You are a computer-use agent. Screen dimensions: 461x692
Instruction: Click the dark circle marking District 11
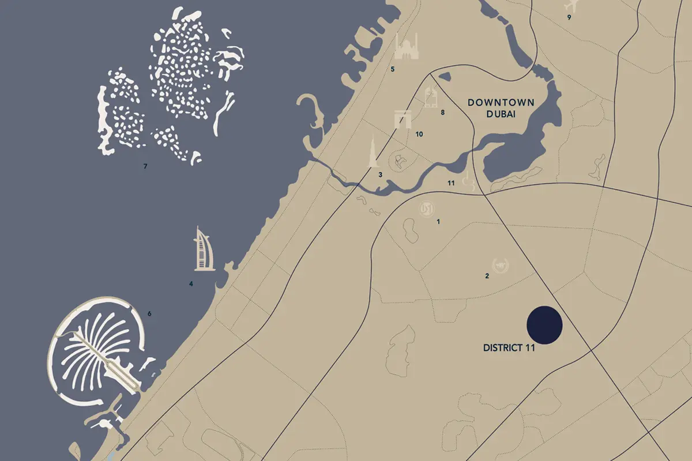coord(544,325)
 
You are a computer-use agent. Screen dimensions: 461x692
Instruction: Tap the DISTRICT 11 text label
coord(509,348)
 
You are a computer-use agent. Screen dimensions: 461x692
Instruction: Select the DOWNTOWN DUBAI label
coord(501,108)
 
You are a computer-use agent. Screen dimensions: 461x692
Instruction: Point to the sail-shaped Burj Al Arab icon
coord(202,249)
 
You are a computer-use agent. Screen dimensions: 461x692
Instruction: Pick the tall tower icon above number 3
coord(373,150)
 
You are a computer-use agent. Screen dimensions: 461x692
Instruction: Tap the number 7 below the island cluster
coord(146,167)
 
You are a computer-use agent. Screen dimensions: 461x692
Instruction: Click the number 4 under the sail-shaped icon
coord(191,284)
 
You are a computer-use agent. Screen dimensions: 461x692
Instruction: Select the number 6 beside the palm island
coord(149,313)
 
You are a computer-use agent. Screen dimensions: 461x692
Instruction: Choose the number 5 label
coord(392,70)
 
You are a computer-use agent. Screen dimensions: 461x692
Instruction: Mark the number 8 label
coord(443,112)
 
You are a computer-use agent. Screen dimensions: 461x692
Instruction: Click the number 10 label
coord(419,134)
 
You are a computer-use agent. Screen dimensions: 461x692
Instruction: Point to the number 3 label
coord(380,175)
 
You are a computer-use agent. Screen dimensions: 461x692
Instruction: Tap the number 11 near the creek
coord(452,183)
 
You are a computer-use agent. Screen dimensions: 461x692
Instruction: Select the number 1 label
coord(438,221)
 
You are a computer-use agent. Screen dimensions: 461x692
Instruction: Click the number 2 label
coord(487,276)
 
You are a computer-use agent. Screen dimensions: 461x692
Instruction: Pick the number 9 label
coord(569,17)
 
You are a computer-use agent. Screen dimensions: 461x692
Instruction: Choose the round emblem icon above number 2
coord(499,264)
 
